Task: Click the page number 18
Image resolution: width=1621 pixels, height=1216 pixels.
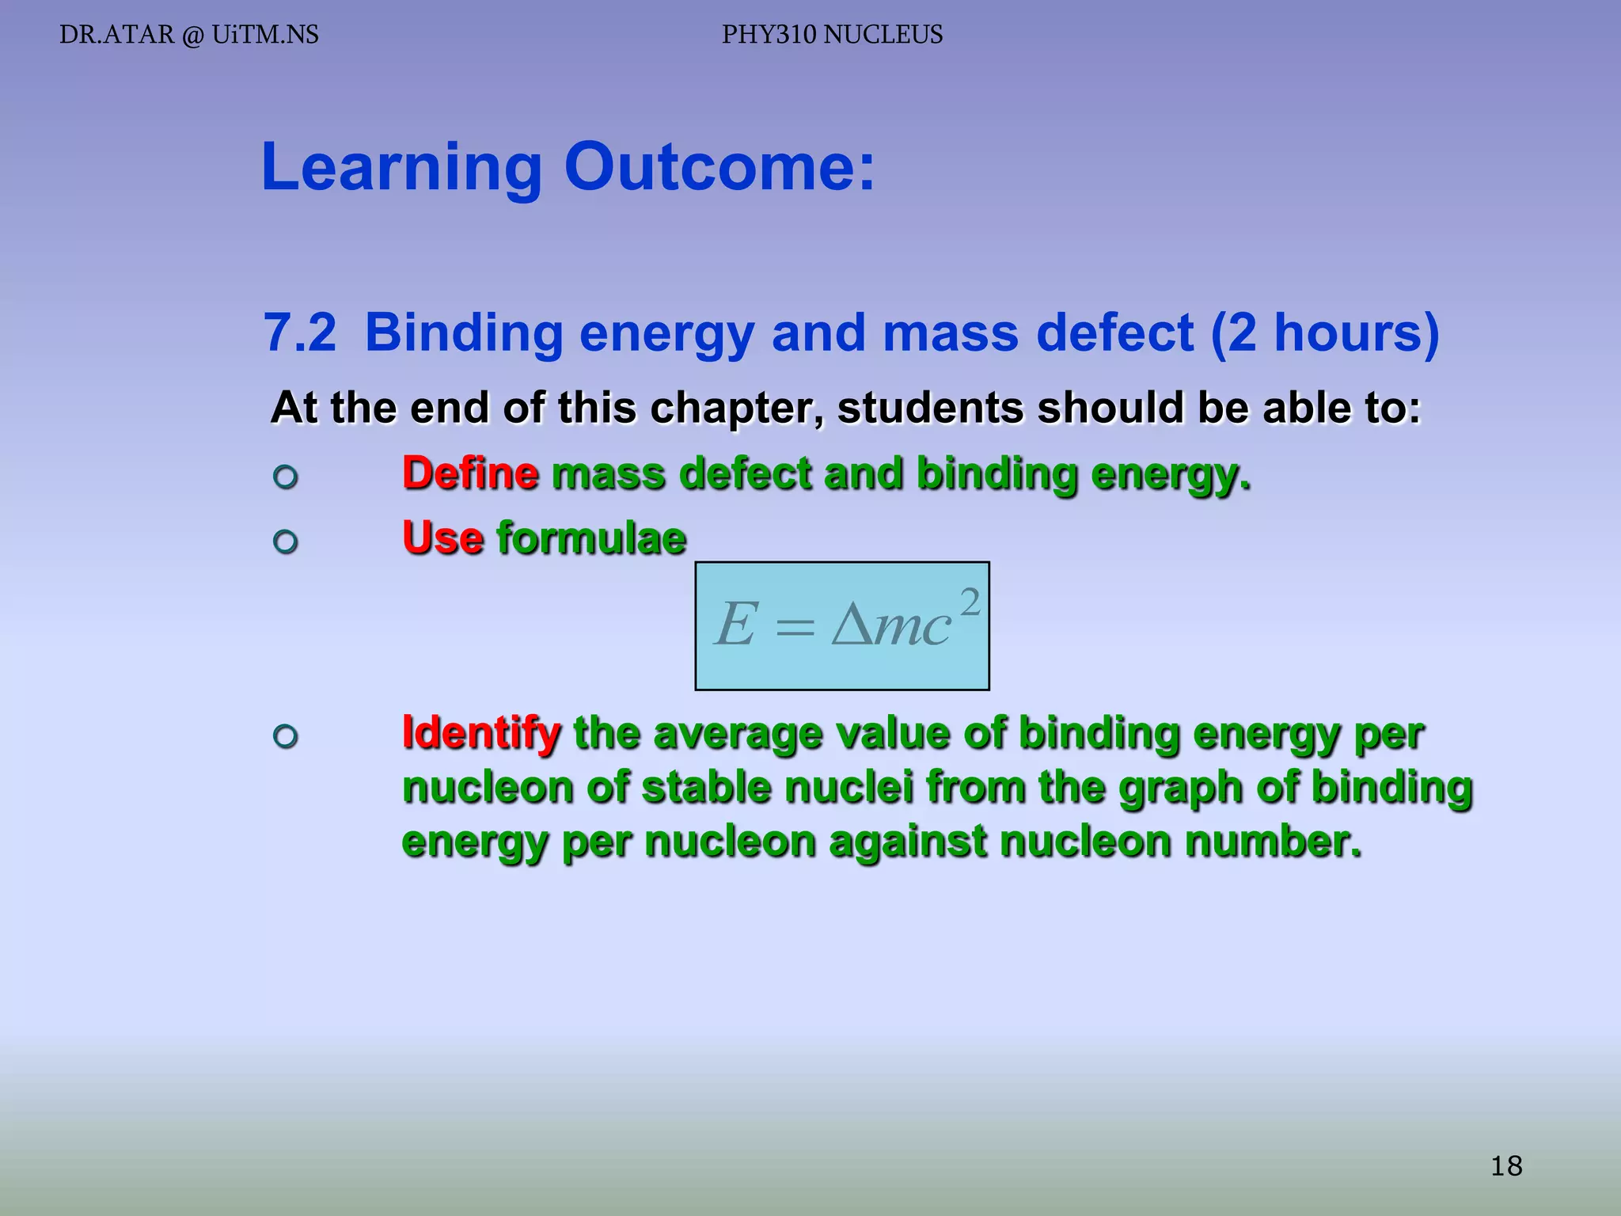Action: pyautogui.click(x=1505, y=1166)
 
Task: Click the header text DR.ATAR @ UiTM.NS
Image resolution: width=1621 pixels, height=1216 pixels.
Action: pyautogui.click(x=189, y=35)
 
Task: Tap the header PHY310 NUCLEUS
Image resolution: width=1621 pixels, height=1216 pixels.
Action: pyautogui.click(x=832, y=35)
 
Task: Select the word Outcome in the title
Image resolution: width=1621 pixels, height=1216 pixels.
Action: pyautogui.click(x=719, y=167)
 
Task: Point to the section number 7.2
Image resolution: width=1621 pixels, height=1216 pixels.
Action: pyautogui.click(x=299, y=332)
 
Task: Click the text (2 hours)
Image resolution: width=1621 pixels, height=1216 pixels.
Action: pyautogui.click(x=1325, y=332)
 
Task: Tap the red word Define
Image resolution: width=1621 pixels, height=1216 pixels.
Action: pyautogui.click(x=470, y=473)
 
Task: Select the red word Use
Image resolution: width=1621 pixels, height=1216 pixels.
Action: pyautogui.click(x=442, y=538)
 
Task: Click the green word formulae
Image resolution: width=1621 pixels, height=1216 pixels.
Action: pyautogui.click(x=591, y=538)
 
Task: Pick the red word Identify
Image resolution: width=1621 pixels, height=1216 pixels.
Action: pyautogui.click(x=481, y=732)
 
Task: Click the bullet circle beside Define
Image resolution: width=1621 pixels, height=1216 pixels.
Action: pyautogui.click(x=285, y=477)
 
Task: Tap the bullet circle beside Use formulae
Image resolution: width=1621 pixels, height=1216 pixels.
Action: pyautogui.click(x=285, y=541)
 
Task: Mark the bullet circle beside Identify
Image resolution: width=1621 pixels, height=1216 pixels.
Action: pyautogui.click(x=285, y=736)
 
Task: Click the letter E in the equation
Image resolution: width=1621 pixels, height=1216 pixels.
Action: pyautogui.click(x=736, y=625)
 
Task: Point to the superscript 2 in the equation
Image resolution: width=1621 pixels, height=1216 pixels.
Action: pyautogui.click(x=970, y=602)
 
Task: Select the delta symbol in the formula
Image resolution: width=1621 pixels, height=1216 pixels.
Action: pyautogui.click(x=852, y=625)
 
